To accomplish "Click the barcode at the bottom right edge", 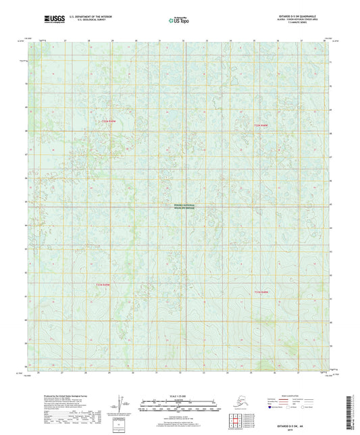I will coord(353,413).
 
